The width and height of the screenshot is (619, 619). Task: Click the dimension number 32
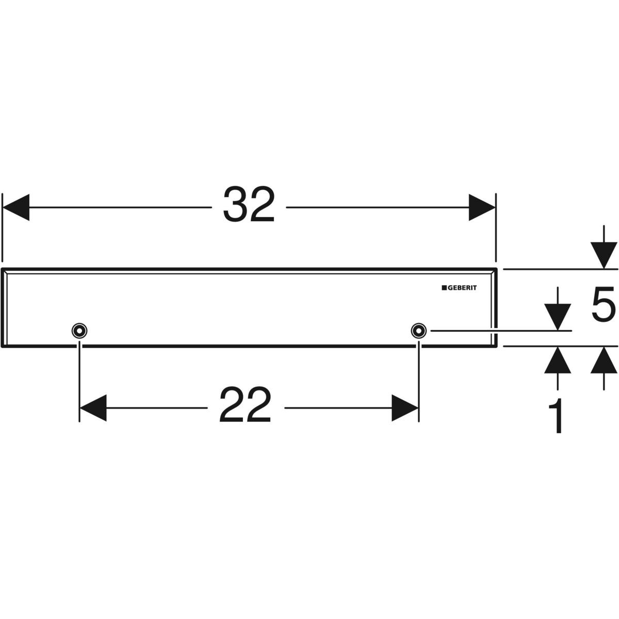(x=249, y=205)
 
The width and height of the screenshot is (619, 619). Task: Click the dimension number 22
(x=246, y=406)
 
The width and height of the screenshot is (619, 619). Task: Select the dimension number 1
(x=556, y=417)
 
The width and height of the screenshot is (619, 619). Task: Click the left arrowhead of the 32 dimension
(x=15, y=207)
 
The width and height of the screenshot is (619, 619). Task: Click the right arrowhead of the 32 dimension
(x=482, y=207)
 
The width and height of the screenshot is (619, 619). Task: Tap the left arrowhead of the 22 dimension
(x=93, y=408)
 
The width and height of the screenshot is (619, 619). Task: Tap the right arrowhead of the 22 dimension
(x=404, y=408)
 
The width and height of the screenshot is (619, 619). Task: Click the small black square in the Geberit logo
(x=443, y=288)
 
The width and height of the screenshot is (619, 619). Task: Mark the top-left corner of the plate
(x=3, y=269)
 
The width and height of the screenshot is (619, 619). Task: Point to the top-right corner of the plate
(x=496, y=269)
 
